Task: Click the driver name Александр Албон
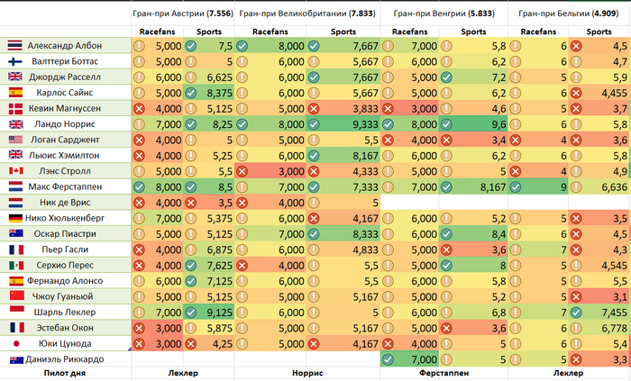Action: (x=65, y=45)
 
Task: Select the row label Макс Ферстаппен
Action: (x=65, y=186)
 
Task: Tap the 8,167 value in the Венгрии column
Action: (x=489, y=186)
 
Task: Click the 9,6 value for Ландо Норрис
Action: (x=494, y=123)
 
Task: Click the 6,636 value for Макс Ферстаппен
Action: (x=608, y=186)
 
